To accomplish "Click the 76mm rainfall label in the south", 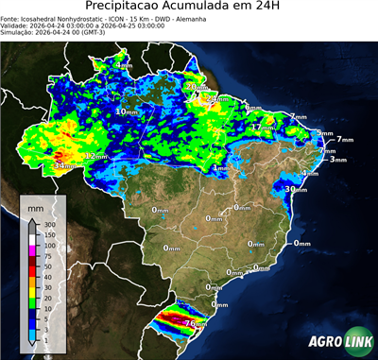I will click(195, 323).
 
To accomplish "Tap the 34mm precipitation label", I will click(63, 166).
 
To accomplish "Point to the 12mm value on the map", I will click(95, 156).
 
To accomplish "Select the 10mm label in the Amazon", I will click(126, 111).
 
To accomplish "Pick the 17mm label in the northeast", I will click(263, 127).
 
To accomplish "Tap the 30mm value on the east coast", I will click(294, 189).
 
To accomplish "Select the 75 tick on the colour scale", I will click(49, 255).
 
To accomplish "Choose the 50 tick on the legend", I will click(49, 265).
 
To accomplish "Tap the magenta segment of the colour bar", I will click(33, 250).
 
